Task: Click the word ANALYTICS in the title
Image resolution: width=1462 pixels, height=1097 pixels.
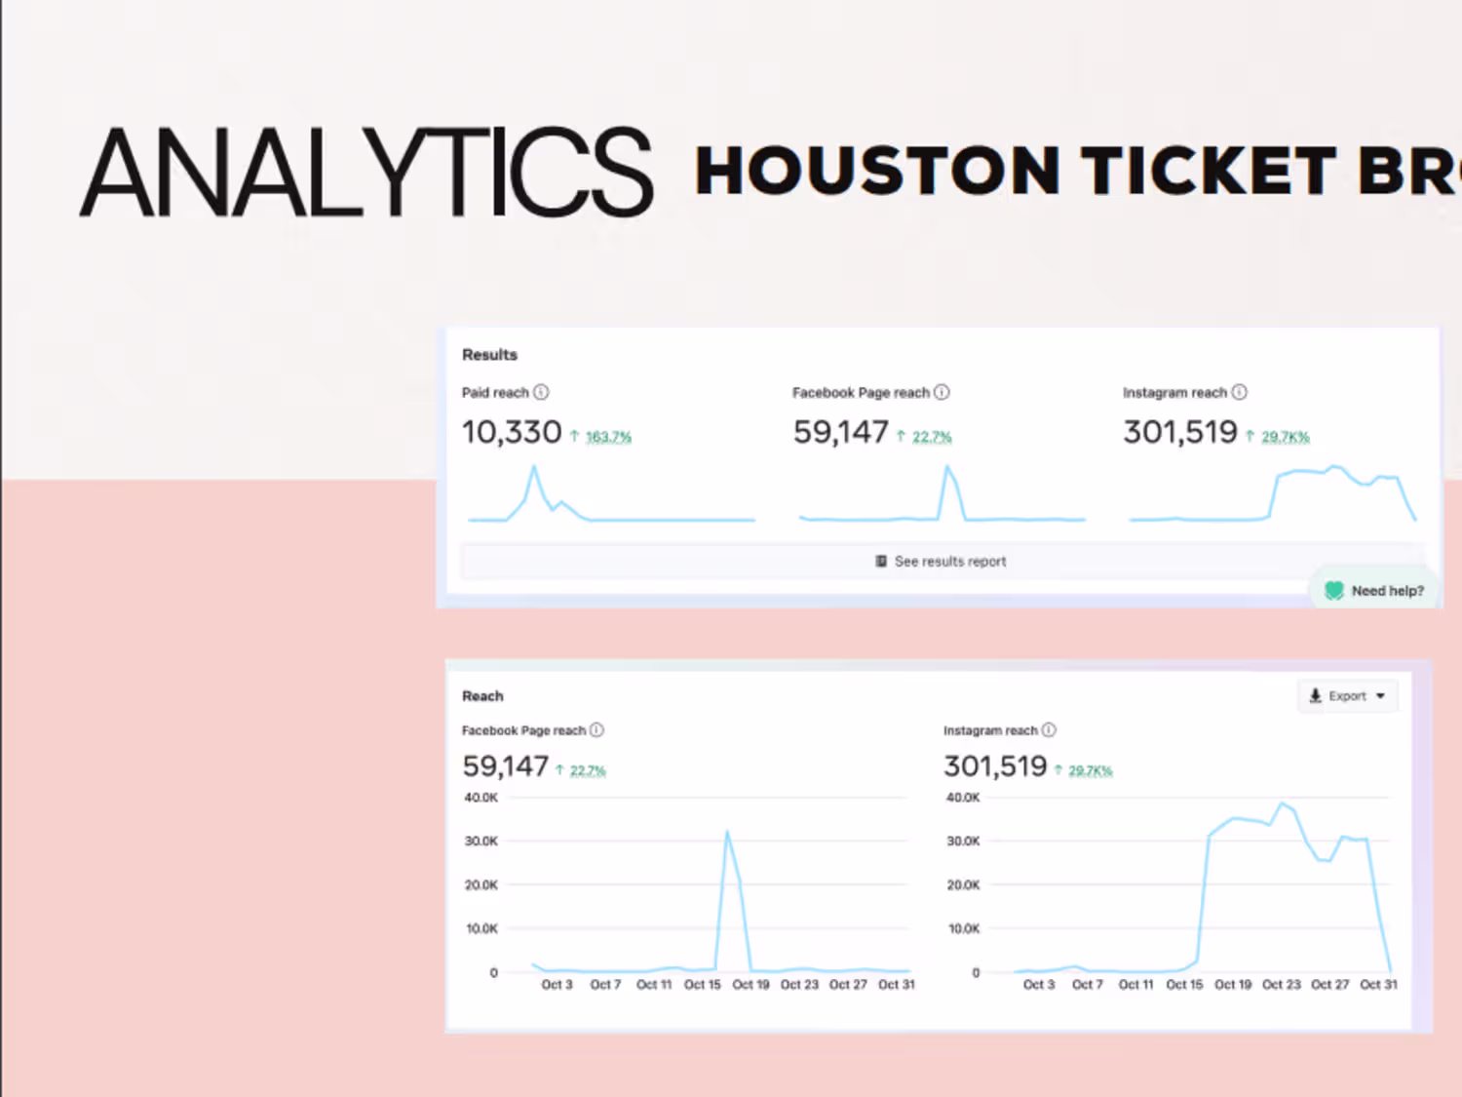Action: click(x=365, y=173)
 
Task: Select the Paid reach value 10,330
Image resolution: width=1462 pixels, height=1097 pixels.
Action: click(x=512, y=432)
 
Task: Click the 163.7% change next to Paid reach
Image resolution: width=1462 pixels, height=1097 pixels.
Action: click(x=608, y=437)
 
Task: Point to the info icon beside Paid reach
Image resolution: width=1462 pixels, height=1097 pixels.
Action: click(x=541, y=392)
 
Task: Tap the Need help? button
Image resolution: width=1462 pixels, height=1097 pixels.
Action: click(x=1374, y=591)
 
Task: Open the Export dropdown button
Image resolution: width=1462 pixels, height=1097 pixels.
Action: click(x=1347, y=696)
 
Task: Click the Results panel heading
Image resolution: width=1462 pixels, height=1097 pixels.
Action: click(x=489, y=355)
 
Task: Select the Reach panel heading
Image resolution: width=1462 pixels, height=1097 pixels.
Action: click(x=482, y=696)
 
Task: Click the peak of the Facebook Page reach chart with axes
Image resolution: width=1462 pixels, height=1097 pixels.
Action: click(x=727, y=832)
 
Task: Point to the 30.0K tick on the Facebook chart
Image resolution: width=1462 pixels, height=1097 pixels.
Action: click(x=481, y=841)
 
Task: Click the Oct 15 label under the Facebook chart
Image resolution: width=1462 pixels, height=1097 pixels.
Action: click(x=702, y=985)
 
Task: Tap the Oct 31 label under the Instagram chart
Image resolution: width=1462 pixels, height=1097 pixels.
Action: click(x=1378, y=985)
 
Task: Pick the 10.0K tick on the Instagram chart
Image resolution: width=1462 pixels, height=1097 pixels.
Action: click(x=963, y=928)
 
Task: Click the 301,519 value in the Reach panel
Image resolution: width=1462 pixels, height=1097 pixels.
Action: click(x=995, y=766)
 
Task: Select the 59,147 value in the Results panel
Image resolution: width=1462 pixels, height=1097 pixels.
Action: click(x=840, y=432)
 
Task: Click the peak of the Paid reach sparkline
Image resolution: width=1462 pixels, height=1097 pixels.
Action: click(x=533, y=467)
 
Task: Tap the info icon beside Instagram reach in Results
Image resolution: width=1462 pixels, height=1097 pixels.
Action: click(x=1239, y=392)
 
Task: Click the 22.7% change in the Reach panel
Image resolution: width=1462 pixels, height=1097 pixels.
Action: click(x=588, y=770)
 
